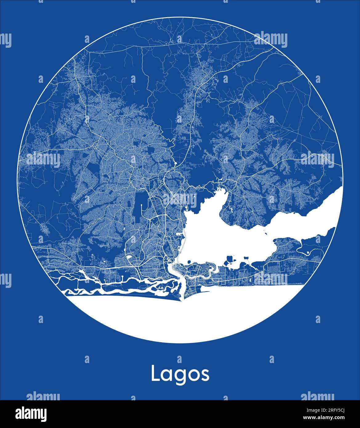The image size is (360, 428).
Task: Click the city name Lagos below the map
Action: [180, 374]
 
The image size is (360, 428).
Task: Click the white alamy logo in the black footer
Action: [31, 414]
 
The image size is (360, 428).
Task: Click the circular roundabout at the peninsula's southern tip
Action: [186, 296]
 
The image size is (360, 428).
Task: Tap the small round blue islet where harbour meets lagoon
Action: [168, 261]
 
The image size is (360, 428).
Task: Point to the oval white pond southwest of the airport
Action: [129, 256]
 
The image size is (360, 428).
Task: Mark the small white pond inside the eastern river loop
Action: [308, 252]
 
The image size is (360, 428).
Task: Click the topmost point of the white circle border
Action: [180, 17]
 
